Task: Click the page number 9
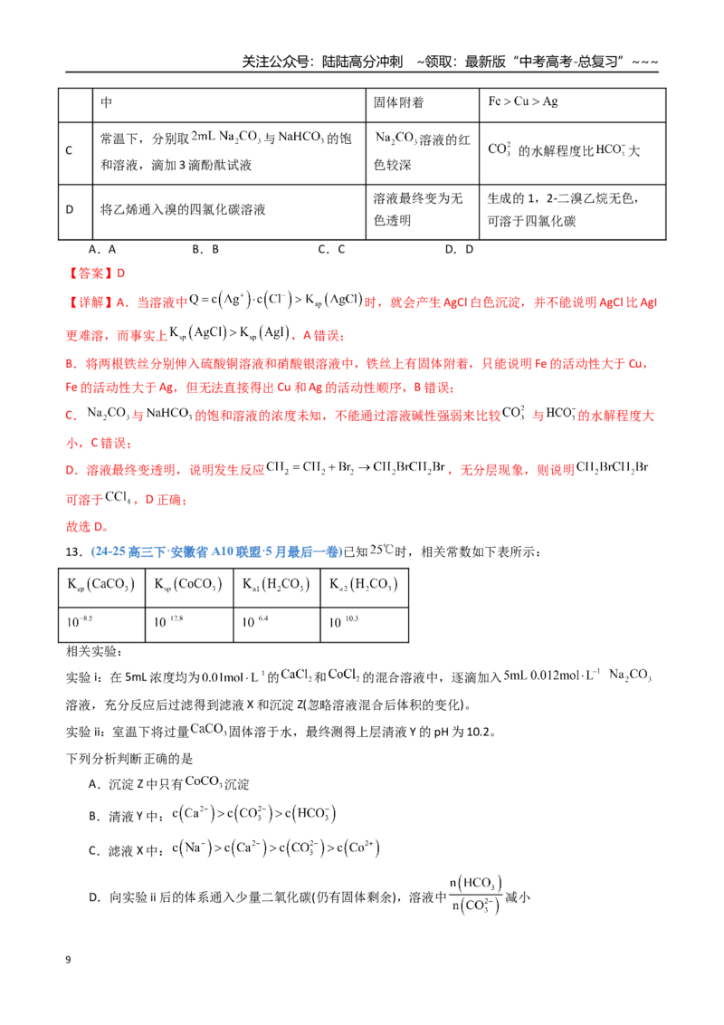pos(68,960)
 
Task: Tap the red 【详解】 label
pos(90,302)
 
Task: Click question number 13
pos(74,551)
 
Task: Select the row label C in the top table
pos(69,150)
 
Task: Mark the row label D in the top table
pos(70,209)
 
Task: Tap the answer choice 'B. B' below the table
pos(205,249)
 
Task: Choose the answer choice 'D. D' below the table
pos(459,249)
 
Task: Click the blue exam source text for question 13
pos(216,551)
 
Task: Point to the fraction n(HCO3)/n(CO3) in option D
pos(476,895)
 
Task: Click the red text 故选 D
pos(87,526)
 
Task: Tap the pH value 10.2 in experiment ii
pos(478,733)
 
